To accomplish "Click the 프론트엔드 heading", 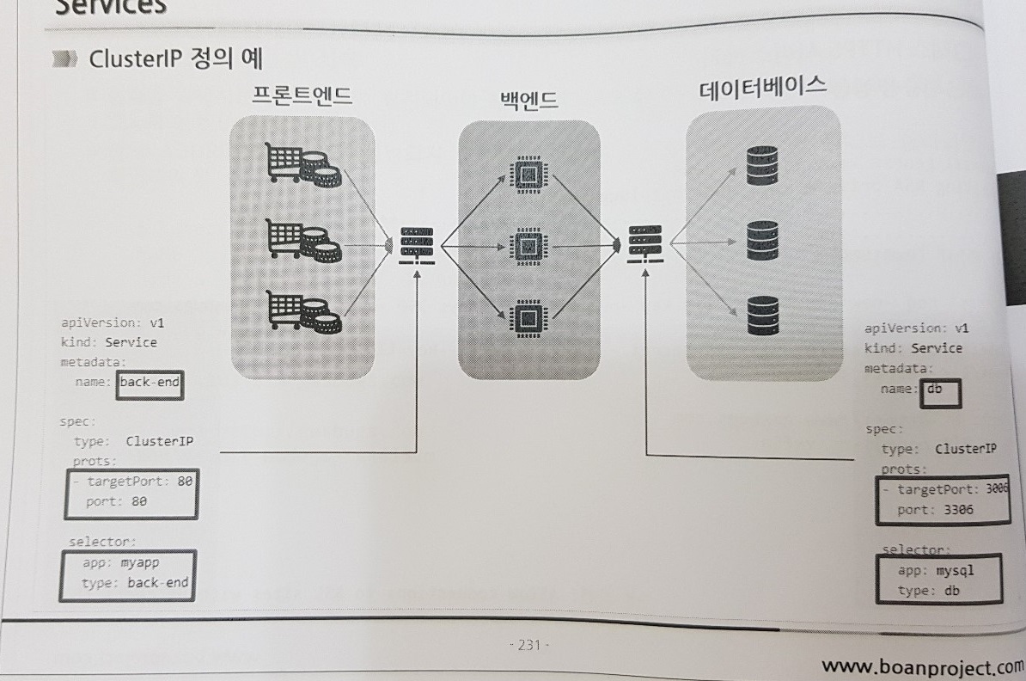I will [x=302, y=95].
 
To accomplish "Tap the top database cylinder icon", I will [x=761, y=167].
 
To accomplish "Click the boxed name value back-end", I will [x=150, y=383].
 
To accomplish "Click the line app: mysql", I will [x=936, y=570].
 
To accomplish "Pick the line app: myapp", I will [x=122, y=564].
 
